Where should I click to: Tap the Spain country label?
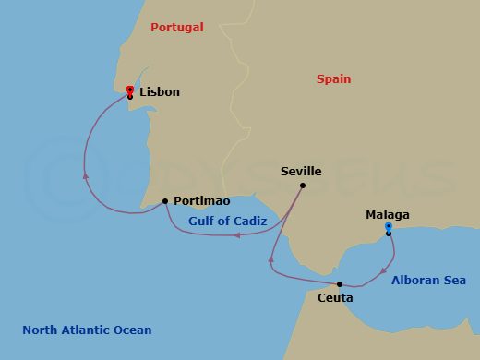[x=333, y=79]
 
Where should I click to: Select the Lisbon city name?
[x=160, y=92]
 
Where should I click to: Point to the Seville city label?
[x=301, y=172]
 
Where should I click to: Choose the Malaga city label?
[x=388, y=215]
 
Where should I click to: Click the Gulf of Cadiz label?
[x=227, y=222]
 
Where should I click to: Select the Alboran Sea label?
[x=428, y=280]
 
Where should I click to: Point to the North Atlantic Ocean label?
[x=87, y=330]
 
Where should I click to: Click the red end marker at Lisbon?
[x=130, y=90]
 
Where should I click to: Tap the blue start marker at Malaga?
[x=389, y=226]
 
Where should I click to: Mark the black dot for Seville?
[x=303, y=185]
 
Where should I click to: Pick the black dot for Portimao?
[x=165, y=200]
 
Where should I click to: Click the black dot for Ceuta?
[x=340, y=284]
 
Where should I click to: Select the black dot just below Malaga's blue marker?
[x=389, y=234]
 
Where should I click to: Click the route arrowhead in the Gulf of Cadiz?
[x=237, y=234]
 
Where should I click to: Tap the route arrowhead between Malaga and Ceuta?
[x=382, y=270]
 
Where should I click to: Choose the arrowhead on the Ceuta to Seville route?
[x=271, y=259]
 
